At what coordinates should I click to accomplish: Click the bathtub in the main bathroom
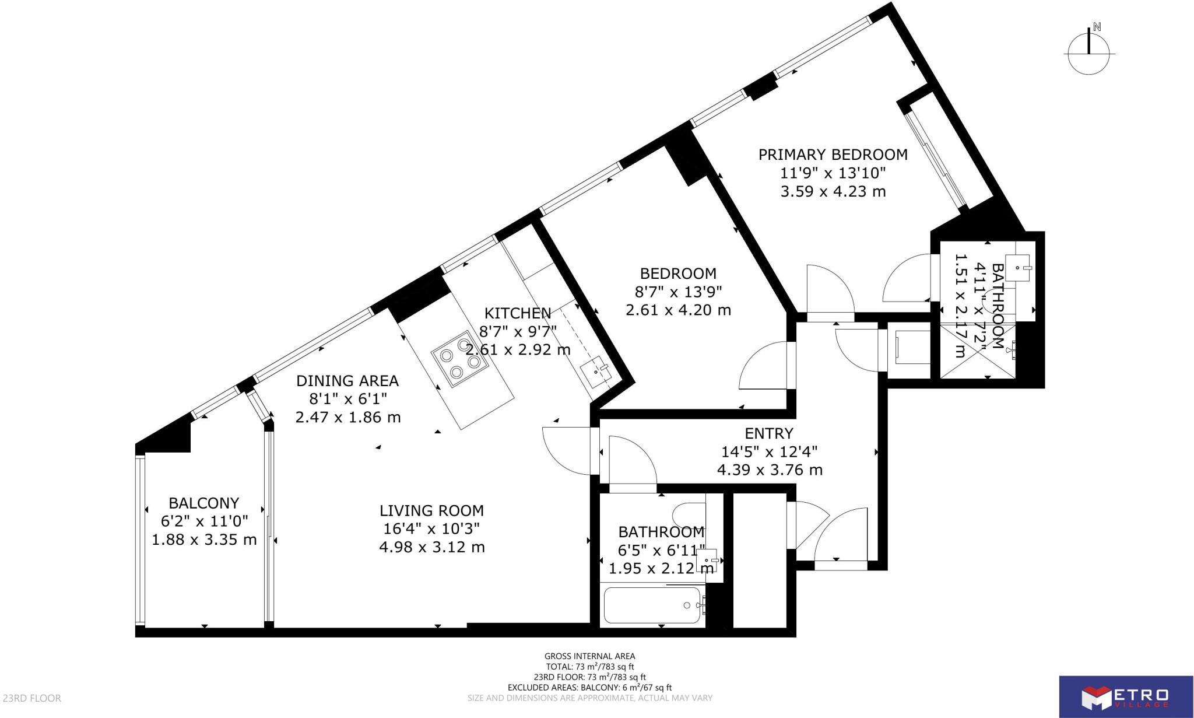point(652,605)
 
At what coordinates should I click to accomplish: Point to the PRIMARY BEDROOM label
point(833,155)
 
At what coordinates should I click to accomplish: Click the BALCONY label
point(203,503)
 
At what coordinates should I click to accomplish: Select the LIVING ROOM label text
point(431,511)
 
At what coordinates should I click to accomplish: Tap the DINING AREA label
point(347,381)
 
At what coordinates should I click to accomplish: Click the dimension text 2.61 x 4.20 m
point(678,310)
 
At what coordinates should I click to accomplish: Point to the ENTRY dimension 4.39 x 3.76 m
point(769,470)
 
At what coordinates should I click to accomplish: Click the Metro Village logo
point(1125,696)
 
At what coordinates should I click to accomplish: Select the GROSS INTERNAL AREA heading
point(589,656)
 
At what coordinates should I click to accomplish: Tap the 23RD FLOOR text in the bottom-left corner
point(32,698)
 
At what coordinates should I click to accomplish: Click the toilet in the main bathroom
point(688,514)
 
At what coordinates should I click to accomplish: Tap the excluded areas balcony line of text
point(589,688)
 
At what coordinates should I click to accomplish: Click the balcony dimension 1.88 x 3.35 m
point(204,540)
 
